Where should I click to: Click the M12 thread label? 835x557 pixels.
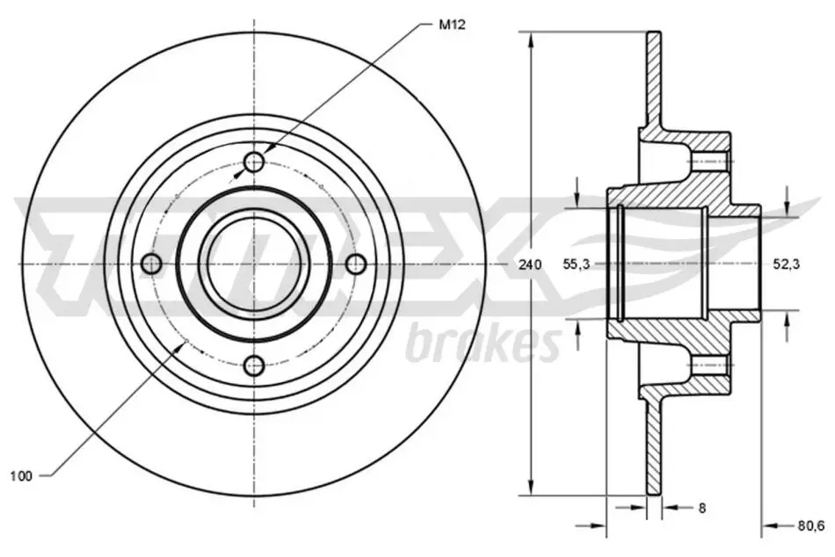click(x=452, y=25)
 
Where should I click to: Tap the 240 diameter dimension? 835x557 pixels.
click(x=530, y=264)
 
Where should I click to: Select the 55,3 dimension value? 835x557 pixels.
click(x=577, y=264)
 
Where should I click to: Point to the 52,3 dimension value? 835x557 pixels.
click(x=787, y=264)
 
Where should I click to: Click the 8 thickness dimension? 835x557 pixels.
click(x=702, y=508)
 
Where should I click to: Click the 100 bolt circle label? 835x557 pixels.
click(x=21, y=475)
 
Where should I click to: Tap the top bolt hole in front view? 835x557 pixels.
click(x=255, y=162)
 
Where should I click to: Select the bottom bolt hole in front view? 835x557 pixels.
click(x=255, y=365)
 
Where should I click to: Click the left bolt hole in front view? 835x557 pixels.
click(x=153, y=264)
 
